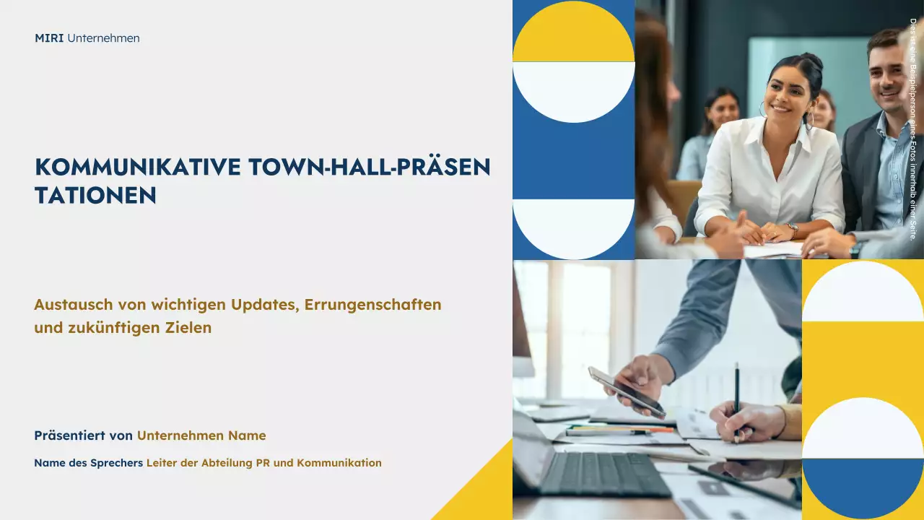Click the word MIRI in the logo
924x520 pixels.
(49, 38)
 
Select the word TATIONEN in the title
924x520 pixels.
(95, 195)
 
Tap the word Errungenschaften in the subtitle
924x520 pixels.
(372, 305)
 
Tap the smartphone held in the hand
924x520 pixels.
(626, 391)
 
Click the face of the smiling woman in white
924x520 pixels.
(790, 92)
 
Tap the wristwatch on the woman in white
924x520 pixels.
(793, 230)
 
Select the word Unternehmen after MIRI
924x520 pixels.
(103, 38)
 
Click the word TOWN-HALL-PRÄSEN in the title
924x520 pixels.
(369, 168)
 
